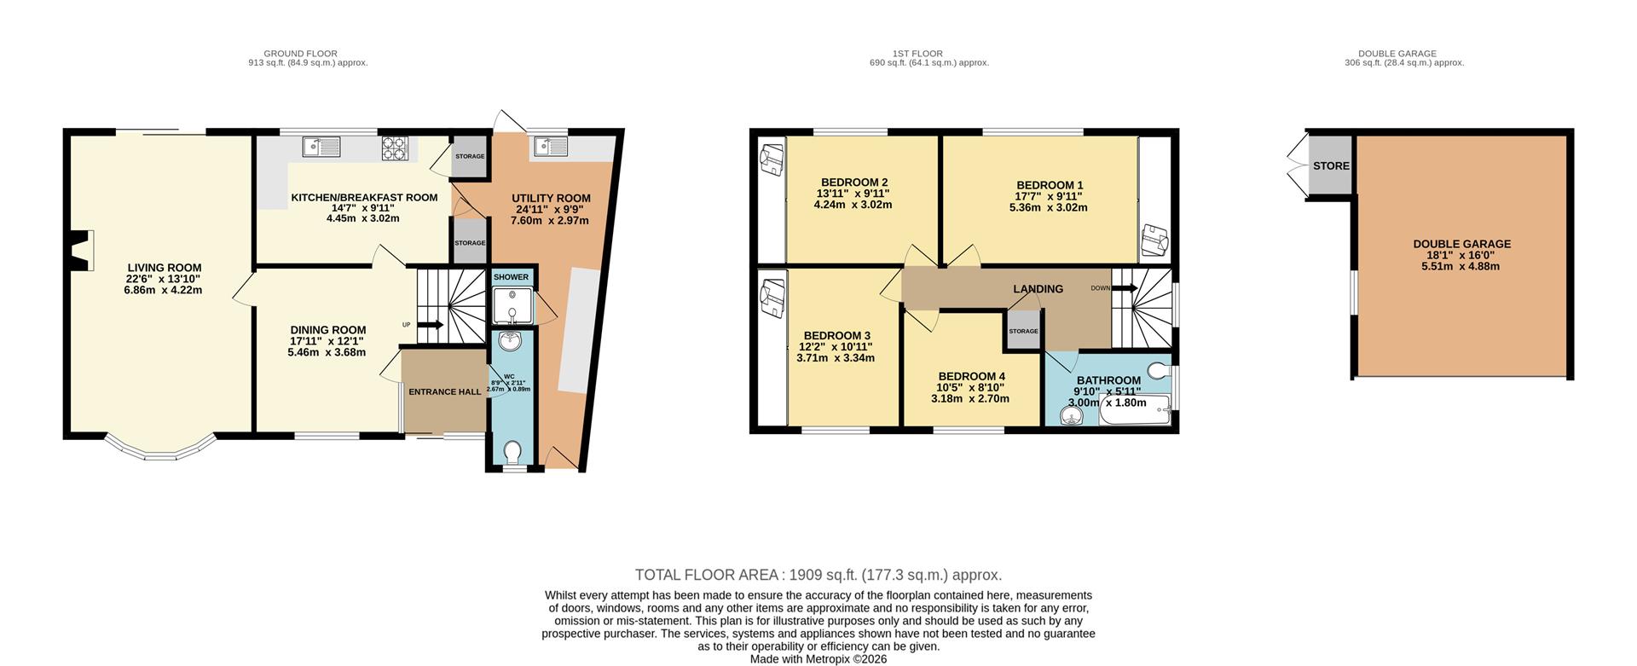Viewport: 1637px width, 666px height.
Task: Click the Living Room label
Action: tap(165, 268)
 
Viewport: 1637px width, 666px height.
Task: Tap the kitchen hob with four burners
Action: tap(395, 148)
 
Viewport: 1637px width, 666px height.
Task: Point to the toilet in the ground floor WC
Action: tap(512, 450)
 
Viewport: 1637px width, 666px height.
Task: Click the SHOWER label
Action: tap(511, 277)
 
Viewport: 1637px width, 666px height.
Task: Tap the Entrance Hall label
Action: tap(444, 392)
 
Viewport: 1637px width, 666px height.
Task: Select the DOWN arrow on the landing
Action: tap(1125, 288)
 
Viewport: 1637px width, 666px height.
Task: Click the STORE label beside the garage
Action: tap(1331, 165)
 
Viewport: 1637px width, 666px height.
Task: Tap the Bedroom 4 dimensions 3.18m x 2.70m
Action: tap(970, 398)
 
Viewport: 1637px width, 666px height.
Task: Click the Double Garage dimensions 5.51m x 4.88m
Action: tap(1460, 266)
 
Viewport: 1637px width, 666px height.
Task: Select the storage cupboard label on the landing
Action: tap(1023, 331)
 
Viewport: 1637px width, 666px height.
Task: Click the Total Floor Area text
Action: tap(818, 575)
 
